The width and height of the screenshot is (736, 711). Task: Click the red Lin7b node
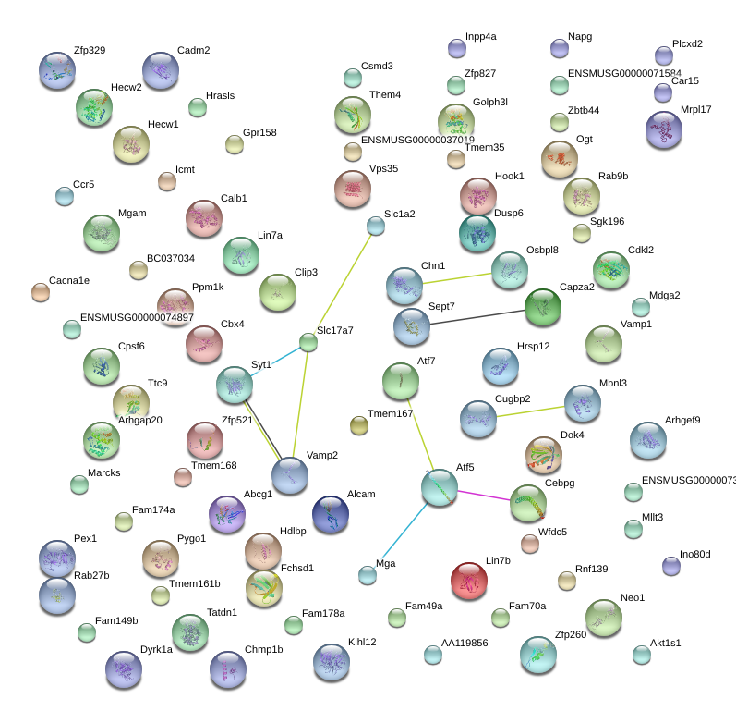(x=468, y=581)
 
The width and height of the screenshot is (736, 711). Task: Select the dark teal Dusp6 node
(x=477, y=233)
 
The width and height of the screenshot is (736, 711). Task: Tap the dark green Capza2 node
(x=543, y=307)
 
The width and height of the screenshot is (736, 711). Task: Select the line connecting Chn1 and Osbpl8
(x=457, y=278)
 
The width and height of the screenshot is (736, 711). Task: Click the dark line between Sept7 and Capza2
(x=477, y=317)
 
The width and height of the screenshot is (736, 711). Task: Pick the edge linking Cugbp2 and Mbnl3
(x=530, y=411)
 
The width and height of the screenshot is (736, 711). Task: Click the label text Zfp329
(x=90, y=50)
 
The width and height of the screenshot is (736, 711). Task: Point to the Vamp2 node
(x=290, y=475)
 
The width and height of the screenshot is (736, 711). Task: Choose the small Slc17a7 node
(x=308, y=342)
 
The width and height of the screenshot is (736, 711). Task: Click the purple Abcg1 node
(x=227, y=514)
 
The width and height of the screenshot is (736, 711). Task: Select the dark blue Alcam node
(x=330, y=514)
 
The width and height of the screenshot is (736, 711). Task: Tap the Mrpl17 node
(x=664, y=129)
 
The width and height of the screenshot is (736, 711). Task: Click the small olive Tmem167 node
(x=359, y=425)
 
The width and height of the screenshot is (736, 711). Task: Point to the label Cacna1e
(x=69, y=280)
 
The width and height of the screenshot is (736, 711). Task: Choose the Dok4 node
(x=544, y=455)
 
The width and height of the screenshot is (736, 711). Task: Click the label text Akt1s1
(x=665, y=643)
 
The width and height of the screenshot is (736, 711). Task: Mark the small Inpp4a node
(x=457, y=48)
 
